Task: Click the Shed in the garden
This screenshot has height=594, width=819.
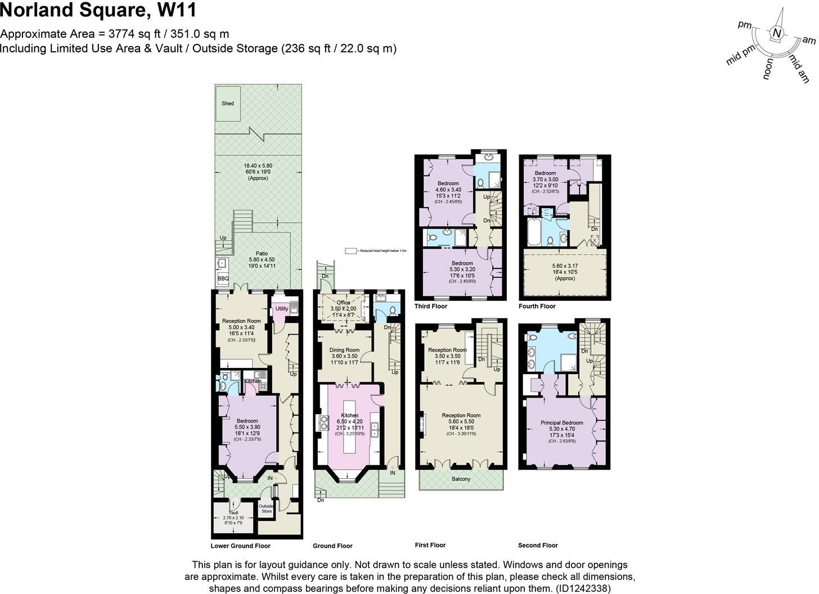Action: click(228, 103)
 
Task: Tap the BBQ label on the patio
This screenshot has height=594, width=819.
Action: click(223, 278)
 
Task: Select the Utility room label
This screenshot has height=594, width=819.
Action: click(281, 308)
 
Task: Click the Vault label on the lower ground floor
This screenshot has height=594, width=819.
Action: click(234, 512)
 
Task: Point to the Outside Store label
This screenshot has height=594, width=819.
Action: click(267, 508)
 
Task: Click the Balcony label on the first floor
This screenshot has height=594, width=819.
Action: click(461, 479)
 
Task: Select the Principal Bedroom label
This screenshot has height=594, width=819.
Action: click(561, 422)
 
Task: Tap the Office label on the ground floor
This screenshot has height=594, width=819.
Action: click(343, 303)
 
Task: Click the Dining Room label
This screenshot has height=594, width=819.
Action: click(344, 350)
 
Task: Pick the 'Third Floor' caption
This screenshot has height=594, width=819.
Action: click(431, 306)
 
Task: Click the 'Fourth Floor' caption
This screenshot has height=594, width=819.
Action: click(537, 306)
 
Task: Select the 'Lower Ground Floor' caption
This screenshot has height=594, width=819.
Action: click(240, 546)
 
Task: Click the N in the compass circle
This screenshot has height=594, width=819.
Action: click(777, 33)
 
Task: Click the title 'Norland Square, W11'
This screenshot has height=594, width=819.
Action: click(98, 11)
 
